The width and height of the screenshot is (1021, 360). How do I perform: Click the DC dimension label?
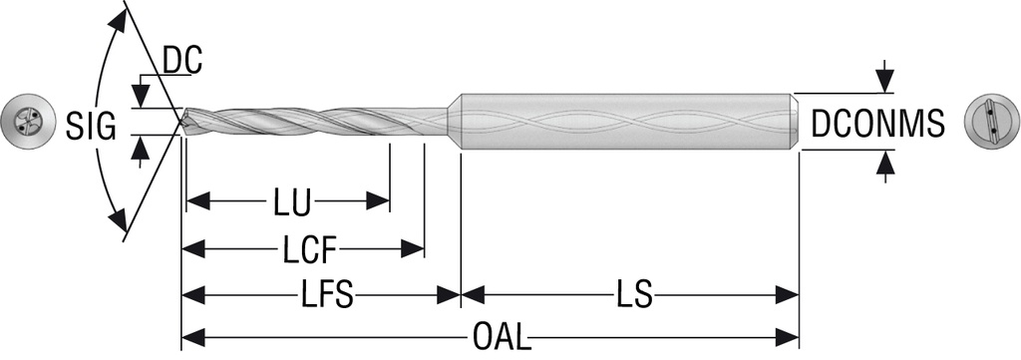coord(182,62)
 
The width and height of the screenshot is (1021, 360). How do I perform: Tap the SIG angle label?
coord(92,127)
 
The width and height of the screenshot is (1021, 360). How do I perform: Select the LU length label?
coord(291,202)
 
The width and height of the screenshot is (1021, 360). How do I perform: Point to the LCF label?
coord(308,248)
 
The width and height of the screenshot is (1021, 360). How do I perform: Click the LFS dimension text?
coord(327,295)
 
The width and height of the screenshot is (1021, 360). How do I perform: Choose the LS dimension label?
coord(632,295)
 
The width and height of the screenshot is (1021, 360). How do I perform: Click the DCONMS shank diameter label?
coord(877,126)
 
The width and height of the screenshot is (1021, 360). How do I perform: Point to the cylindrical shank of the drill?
coord(628,122)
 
